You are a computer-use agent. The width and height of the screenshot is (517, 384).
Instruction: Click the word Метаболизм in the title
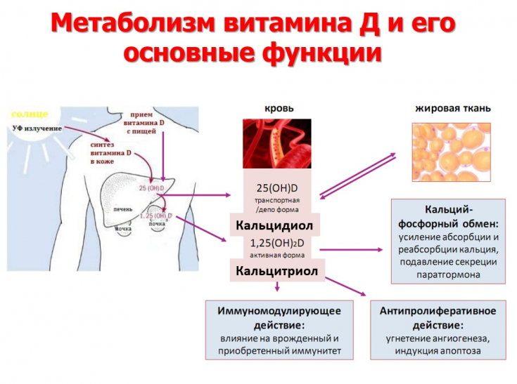(x=132, y=25)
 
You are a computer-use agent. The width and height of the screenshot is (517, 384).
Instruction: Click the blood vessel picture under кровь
(x=276, y=144)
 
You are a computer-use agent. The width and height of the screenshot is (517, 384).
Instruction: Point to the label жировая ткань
(x=453, y=109)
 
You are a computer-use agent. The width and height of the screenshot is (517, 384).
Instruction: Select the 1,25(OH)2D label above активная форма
(x=276, y=242)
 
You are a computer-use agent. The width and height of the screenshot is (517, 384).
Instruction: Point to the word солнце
(x=29, y=114)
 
